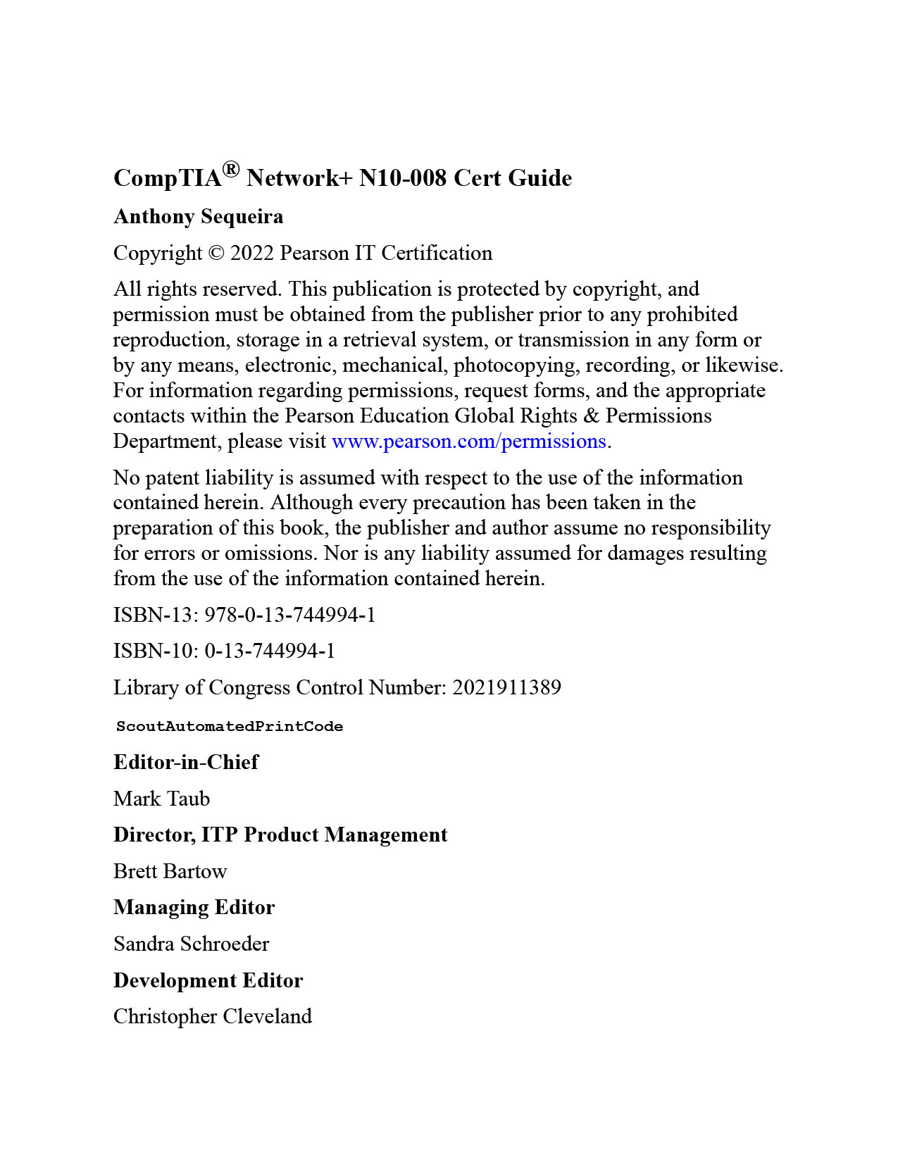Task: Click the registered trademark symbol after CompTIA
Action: click(x=231, y=170)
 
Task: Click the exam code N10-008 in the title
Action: click(x=402, y=178)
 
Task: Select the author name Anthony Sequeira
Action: click(x=199, y=217)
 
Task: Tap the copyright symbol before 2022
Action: click(x=216, y=254)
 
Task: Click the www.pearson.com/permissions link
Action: click(x=468, y=442)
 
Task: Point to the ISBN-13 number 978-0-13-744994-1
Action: click(x=290, y=616)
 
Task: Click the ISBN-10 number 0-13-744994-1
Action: click(x=270, y=651)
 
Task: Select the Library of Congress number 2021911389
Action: click(x=506, y=688)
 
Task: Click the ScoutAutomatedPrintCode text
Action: click(x=230, y=727)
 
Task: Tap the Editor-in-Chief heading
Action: click(x=186, y=763)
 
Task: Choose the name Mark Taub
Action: click(x=162, y=799)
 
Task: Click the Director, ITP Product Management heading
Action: click(x=280, y=835)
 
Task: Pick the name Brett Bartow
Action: click(x=170, y=872)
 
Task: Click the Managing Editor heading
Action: click(x=194, y=908)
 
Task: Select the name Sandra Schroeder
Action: click(x=192, y=944)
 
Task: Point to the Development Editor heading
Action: click(x=208, y=981)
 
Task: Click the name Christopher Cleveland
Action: click(x=213, y=1017)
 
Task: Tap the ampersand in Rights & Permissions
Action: click(x=592, y=416)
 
